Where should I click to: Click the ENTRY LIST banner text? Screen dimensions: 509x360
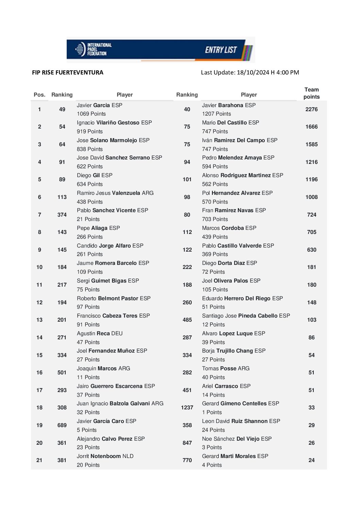tap(221, 50)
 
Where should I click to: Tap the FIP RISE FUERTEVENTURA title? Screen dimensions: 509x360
tap(68, 72)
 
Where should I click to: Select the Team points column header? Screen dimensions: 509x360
tap(311, 93)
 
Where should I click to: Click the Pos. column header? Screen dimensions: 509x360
tap(39, 95)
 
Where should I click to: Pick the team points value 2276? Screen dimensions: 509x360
tap(311, 109)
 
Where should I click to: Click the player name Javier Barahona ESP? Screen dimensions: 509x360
tap(229, 105)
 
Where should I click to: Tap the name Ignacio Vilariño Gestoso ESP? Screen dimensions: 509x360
tap(114, 123)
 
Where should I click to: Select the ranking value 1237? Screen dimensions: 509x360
tap(187, 408)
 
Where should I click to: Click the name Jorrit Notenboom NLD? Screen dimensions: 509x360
tap(105, 456)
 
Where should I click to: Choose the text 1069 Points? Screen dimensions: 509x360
tap(91, 114)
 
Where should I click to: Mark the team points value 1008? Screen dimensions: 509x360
tap(311, 197)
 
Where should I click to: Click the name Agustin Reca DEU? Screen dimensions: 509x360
tap(100, 334)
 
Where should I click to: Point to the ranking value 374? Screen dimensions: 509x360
tap(62, 215)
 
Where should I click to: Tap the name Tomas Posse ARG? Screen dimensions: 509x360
tap(226, 369)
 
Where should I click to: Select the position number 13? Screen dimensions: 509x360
tap(39, 320)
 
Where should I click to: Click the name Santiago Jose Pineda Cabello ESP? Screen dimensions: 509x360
tap(246, 316)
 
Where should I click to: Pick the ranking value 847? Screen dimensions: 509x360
tap(187, 443)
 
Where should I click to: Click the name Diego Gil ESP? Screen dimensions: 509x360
tap(95, 175)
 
